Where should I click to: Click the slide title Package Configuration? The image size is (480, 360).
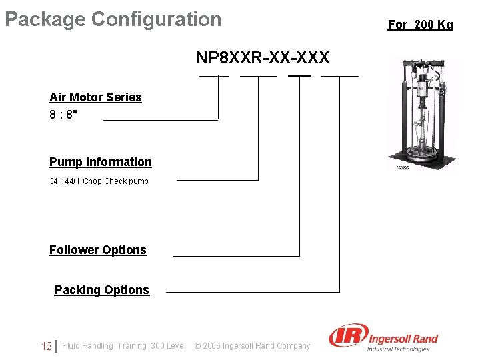pos(113,19)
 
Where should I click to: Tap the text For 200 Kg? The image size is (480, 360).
pos(420,25)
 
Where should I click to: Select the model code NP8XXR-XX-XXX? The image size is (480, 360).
pos(263,58)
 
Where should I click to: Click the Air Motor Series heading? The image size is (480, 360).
pos(95,97)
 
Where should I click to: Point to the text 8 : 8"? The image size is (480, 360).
pos(63,114)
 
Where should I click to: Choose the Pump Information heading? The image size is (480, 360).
pos(101,162)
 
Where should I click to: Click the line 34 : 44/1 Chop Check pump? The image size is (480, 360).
pos(99,181)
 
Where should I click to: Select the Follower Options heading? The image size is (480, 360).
pos(98,250)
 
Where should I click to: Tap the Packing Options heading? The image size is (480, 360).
pos(102,290)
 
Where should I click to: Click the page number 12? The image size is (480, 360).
pos(46,346)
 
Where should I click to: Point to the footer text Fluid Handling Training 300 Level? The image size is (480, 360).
pos(124,346)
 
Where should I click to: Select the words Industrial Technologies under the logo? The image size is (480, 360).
pos(398,349)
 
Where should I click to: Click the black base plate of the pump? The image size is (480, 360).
pos(423,160)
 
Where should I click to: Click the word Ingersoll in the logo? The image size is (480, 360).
pos(387,339)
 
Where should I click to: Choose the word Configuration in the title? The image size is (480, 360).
pos(156,19)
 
